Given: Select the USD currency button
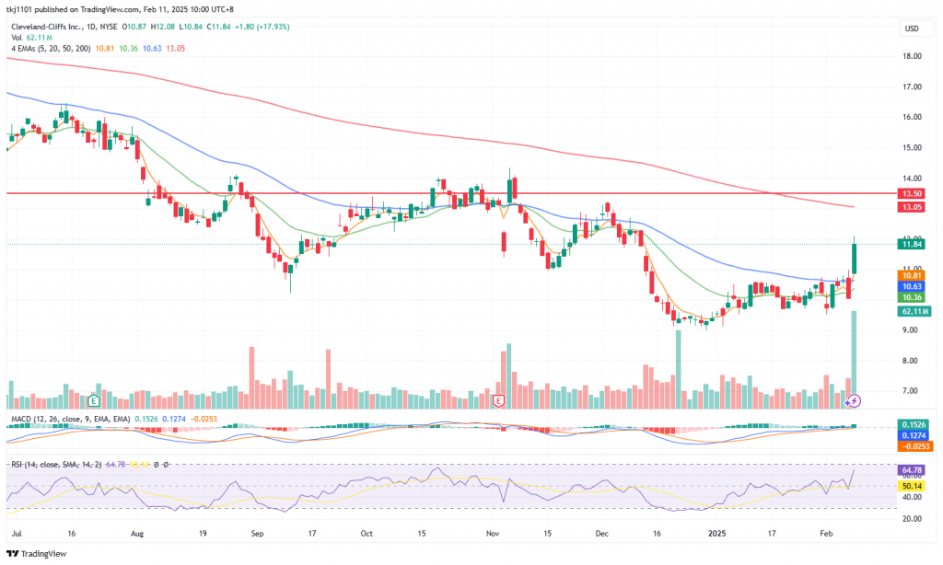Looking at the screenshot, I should point(912,29).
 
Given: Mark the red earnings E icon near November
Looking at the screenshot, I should point(499,401).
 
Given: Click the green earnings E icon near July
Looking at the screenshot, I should point(94,401).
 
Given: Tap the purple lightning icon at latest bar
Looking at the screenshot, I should point(854,400).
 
